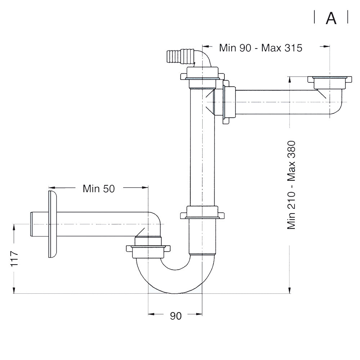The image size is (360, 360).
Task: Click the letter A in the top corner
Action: pos(331,18)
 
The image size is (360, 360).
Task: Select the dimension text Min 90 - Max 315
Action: pos(261,48)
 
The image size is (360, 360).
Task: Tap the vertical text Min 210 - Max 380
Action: pos(292,185)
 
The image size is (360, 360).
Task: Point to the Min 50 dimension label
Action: pos(99,188)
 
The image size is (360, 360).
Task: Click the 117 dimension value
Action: pos(14,258)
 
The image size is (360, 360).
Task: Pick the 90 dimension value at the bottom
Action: pos(176,316)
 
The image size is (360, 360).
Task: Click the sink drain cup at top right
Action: pos(330,82)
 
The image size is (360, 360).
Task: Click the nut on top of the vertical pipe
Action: pos(202,76)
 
